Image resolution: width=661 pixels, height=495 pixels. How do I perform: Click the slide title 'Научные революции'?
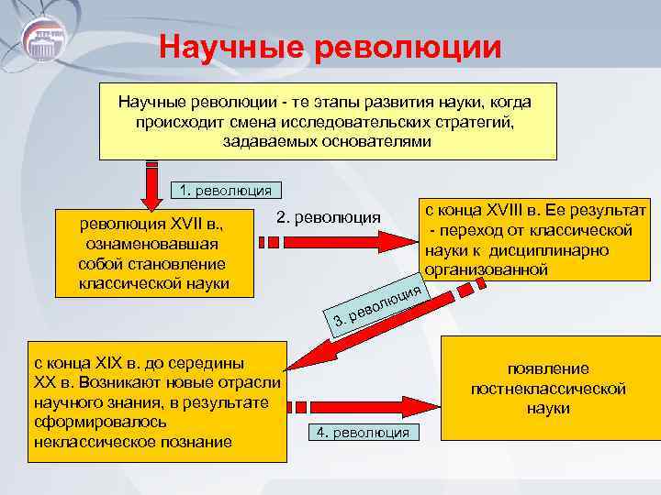click(x=330, y=47)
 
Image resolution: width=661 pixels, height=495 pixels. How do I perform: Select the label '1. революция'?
click(x=226, y=191)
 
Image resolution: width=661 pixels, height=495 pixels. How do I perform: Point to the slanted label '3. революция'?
click(x=376, y=306)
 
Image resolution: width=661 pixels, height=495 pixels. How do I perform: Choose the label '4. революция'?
click(x=362, y=432)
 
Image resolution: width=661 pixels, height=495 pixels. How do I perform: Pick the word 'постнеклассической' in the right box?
click(x=548, y=389)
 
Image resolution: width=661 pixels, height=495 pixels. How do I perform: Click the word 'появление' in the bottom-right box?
click(x=548, y=368)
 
